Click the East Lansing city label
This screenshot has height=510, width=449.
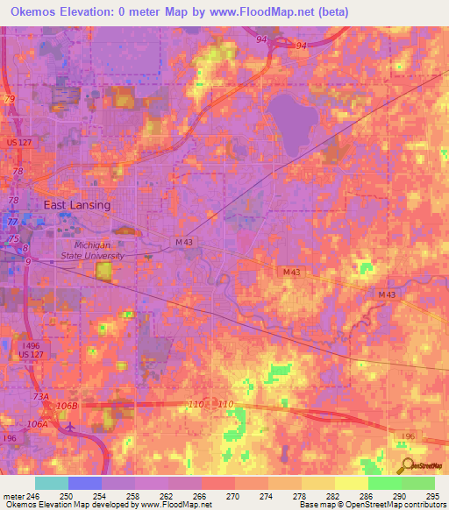coord(77,205)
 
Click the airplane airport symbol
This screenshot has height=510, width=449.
coord(70,427)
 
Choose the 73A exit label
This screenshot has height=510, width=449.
coord(41,396)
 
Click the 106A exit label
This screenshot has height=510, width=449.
coord(37,423)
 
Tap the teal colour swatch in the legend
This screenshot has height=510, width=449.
coord(51,483)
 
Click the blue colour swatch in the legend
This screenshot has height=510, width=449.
coord(84,483)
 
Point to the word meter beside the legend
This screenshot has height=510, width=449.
coord(13,496)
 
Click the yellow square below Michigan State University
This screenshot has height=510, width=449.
coord(105,272)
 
